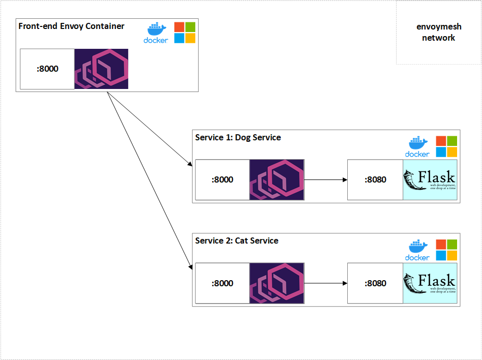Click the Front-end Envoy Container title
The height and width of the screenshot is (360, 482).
pyautogui.click(x=71, y=26)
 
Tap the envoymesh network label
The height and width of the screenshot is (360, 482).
pyautogui.click(x=438, y=33)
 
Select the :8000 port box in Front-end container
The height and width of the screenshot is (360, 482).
pyautogui.click(x=47, y=69)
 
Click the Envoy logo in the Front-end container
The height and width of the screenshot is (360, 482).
pyautogui.click(x=101, y=69)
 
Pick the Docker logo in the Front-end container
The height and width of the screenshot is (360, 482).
pyautogui.click(x=156, y=33)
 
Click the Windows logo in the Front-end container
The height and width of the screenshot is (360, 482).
pyautogui.click(x=185, y=33)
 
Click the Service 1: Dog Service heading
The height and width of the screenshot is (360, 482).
pyautogui.click(x=238, y=137)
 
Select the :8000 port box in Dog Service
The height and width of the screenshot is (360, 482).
pyautogui.click(x=222, y=179)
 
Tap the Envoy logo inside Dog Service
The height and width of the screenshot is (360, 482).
pyautogui.click(x=277, y=179)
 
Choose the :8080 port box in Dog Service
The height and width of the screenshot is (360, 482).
pyautogui.click(x=375, y=179)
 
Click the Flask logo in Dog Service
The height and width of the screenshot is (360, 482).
pyautogui.click(x=430, y=179)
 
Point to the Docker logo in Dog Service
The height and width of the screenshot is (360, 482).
pyautogui.click(x=417, y=146)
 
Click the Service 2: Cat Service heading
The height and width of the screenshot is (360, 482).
pyautogui.click(x=236, y=241)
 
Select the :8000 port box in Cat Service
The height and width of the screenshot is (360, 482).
pyautogui.click(x=222, y=283)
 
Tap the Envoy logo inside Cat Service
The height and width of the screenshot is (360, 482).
pyautogui.click(x=277, y=283)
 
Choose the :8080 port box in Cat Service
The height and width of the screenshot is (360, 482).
pyautogui.click(x=375, y=283)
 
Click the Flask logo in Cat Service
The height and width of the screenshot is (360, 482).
pyautogui.click(x=430, y=283)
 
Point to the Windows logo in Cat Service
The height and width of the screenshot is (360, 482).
pyautogui.click(x=446, y=250)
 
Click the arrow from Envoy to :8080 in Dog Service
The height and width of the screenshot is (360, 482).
pyautogui.click(x=325, y=179)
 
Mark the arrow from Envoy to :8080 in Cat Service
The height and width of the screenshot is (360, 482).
pyautogui.click(x=325, y=283)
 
